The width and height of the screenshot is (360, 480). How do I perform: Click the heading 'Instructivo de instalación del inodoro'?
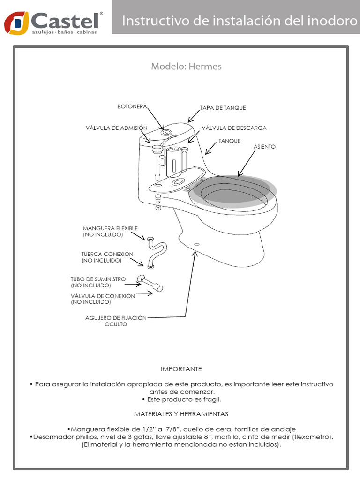coord(236,21)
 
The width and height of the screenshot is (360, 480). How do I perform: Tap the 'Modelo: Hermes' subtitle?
coord(186,67)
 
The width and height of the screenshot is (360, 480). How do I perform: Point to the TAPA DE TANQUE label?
coord(223,108)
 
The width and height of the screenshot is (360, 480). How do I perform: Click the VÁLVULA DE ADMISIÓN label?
coord(116,127)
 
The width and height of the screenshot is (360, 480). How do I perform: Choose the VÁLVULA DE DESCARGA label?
coord(234,127)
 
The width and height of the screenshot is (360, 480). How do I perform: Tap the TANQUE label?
coord(230,141)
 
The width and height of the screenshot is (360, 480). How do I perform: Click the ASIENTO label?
coord(265,147)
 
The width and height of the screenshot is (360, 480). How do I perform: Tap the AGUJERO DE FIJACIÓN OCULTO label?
coord(116,321)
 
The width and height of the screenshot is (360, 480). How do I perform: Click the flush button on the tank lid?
coord(165,132)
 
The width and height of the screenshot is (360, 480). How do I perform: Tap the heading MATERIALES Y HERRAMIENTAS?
coord(181,414)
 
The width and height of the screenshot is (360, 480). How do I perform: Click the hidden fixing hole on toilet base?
coord(196,244)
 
